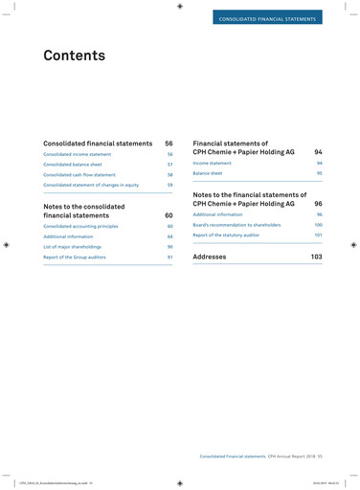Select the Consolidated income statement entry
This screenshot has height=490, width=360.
click(x=78, y=154)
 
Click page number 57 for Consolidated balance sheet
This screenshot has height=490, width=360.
click(x=169, y=165)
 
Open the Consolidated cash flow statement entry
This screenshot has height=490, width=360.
click(x=80, y=175)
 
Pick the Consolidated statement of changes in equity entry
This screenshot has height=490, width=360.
click(x=92, y=185)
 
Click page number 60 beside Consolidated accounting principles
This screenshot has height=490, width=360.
click(x=169, y=226)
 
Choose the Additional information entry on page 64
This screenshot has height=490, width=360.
click(x=68, y=236)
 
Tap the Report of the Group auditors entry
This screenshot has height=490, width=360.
click(x=77, y=257)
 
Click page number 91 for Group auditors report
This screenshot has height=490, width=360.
click(x=169, y=257)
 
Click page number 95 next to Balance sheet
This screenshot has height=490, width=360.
click(x=319, y=173)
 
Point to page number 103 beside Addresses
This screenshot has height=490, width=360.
click(x=316, y=257)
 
